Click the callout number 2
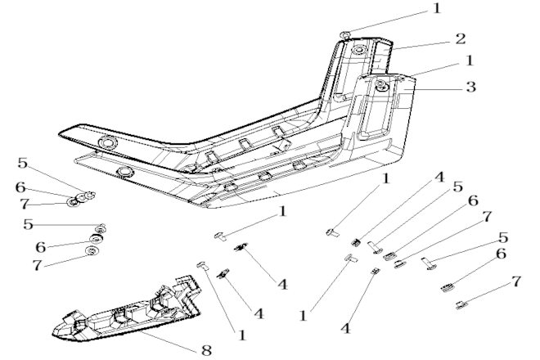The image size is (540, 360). point(460,39)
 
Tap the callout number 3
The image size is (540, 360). point(470,87)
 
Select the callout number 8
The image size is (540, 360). point(206,350)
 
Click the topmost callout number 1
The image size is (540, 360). point(436,8)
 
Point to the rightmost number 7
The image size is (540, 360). point(515,281)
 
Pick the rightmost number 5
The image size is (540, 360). point(503,238)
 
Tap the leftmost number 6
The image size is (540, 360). point(20,187)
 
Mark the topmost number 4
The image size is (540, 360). point(439,178)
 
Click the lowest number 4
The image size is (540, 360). point(346,328)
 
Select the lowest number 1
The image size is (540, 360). point(242,335)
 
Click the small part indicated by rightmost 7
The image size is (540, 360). point(461,305)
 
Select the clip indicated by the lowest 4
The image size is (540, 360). point(375,271)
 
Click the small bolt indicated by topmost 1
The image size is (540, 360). point(345,34)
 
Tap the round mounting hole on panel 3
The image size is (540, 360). point(381,83)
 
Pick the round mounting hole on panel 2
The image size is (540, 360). point(359,50)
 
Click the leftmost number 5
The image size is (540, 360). point(23,163)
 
